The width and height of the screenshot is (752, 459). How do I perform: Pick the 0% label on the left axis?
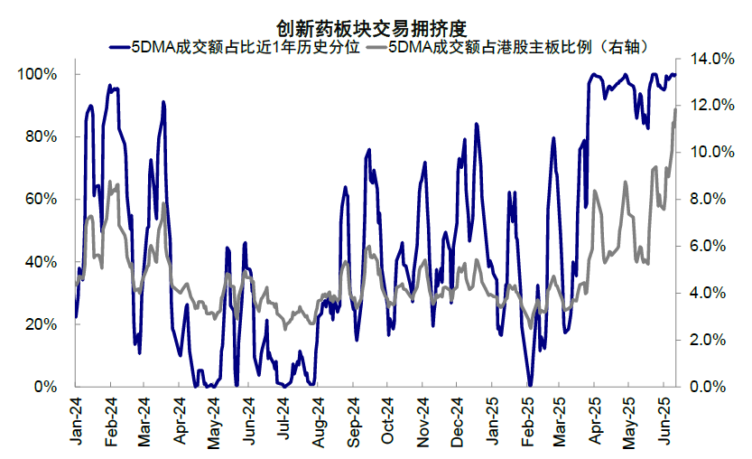[45, 387]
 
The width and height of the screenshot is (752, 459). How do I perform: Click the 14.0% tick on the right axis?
[709, 59]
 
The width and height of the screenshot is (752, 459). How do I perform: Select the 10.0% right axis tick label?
[709, 152]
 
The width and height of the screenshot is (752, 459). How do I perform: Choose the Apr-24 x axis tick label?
[180, 420]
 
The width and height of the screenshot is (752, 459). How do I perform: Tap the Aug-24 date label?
[318, 420]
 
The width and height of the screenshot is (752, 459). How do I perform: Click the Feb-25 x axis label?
[525, 420]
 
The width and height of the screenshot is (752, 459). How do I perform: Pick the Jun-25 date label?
[664, 420]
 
